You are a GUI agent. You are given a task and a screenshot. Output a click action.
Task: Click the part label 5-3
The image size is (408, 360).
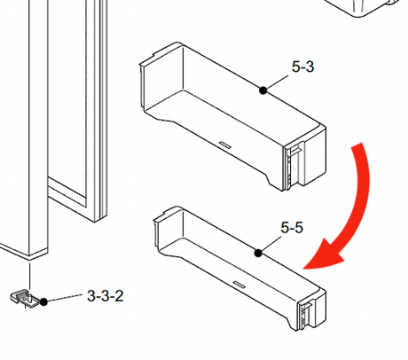pyautogui.click(x=302, y=67)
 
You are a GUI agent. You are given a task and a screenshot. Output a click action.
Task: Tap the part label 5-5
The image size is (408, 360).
pyautogui.click(x=292, y=228)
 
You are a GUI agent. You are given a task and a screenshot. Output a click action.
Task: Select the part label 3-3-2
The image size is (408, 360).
pyautogui.click(x=106, y=296)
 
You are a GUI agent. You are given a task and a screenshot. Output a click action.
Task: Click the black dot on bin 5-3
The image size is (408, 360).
pyautogui.click(x=263, y=90)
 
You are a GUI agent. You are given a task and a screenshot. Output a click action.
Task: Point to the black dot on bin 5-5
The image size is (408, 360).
pyautogui.click(x=258, y=253)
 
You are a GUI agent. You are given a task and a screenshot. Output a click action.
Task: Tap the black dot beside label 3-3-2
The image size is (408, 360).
pyautogui.click(x=43, y=301)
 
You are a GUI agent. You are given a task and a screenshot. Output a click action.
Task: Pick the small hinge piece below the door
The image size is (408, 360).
pyautogui.click(x=25, y=298)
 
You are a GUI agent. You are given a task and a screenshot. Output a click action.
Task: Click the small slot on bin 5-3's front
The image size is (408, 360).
pyautogui.click(x=225, y=144)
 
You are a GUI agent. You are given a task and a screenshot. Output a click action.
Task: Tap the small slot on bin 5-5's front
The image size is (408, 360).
pyautogui.click(x=239, y=285)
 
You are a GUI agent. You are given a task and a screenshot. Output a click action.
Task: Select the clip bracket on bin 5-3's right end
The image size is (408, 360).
pyautogui.click(x=293, y=166)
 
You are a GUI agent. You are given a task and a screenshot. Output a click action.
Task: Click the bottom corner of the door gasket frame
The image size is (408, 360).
pyautogui.click(x=96, y=221)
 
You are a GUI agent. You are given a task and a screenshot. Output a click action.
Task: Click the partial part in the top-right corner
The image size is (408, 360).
pyautogui.click(x=366, y=7)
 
